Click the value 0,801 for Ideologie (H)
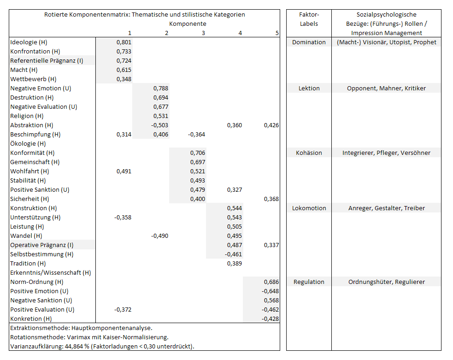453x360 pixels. pos(124,42)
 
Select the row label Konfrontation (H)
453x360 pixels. pos(35,52)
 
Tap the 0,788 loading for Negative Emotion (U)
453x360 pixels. pos(161,88)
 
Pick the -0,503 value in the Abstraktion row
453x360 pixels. pos(159,125)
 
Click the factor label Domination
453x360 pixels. pos(309,42)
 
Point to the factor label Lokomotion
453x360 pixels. pos(309,208)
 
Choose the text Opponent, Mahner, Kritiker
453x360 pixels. pos(386,88)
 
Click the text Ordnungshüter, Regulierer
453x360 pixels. pos(387,282)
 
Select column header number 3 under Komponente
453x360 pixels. pos(203,33)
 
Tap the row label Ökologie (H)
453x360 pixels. pos(28,144)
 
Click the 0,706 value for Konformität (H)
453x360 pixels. pos(198,153)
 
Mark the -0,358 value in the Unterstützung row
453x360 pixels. pos(123,217)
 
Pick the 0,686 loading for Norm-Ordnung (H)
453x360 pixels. pos(271,282)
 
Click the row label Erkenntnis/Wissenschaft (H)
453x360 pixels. pos(51,272)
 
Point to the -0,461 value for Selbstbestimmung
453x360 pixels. pos(234,254)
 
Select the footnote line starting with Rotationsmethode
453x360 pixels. pos(89,337)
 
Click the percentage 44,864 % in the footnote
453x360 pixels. pos(77,347)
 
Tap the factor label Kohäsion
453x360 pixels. pos(309,153)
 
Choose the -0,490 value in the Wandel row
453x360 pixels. pos(159,236)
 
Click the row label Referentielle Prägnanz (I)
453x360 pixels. pos(47,61)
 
